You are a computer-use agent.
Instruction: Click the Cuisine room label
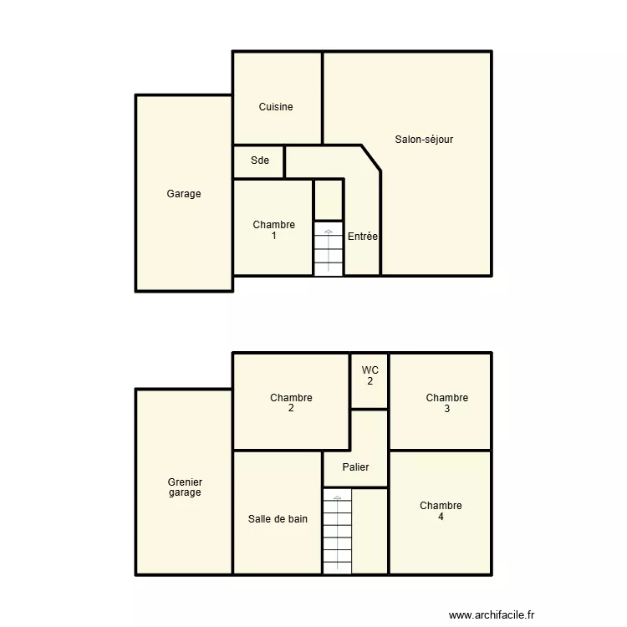pyautogui.click(x=276, y=107)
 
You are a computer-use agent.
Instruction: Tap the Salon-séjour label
pyautogui.click(x=424, y=140)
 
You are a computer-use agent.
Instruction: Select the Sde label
pyautogui.click(x=260, y=161)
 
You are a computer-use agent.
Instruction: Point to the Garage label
pyautogui.click(x=184, y=194)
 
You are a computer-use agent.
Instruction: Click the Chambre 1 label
pyautogui.click(x=274, y=231)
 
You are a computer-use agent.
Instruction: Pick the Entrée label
pyautogui.click(x=363, y=237)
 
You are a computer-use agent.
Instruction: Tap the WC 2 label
pyautogui.click(x=370, y=375)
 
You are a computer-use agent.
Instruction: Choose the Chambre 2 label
pyautogui.click(x=291, y=403)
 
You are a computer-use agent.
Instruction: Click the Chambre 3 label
pyautogui.click(x=446, y=403)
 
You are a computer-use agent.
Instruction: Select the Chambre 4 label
pyautogui.click(x=441, y=511)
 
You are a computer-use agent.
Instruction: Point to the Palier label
pyautogui.click(x=356, y=467)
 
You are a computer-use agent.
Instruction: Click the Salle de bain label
pyautogui.click(x=278, y=519)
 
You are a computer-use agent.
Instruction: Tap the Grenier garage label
pyautogui.click(x=185, y=487)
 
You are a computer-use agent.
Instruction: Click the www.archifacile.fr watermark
pyautogui.click(x=491, y=614)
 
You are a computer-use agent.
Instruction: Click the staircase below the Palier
pyautogui.click(x=337, y=535)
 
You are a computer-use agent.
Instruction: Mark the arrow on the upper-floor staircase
pyautogui.click(x=337, y=500)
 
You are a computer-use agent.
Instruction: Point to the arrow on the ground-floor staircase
pyautogui.click(x=328, y=232)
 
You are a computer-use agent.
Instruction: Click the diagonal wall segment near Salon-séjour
pyautogui.click(x=371, y=159)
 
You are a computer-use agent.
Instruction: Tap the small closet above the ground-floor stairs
pyautogui.click(x=329, y=200)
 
